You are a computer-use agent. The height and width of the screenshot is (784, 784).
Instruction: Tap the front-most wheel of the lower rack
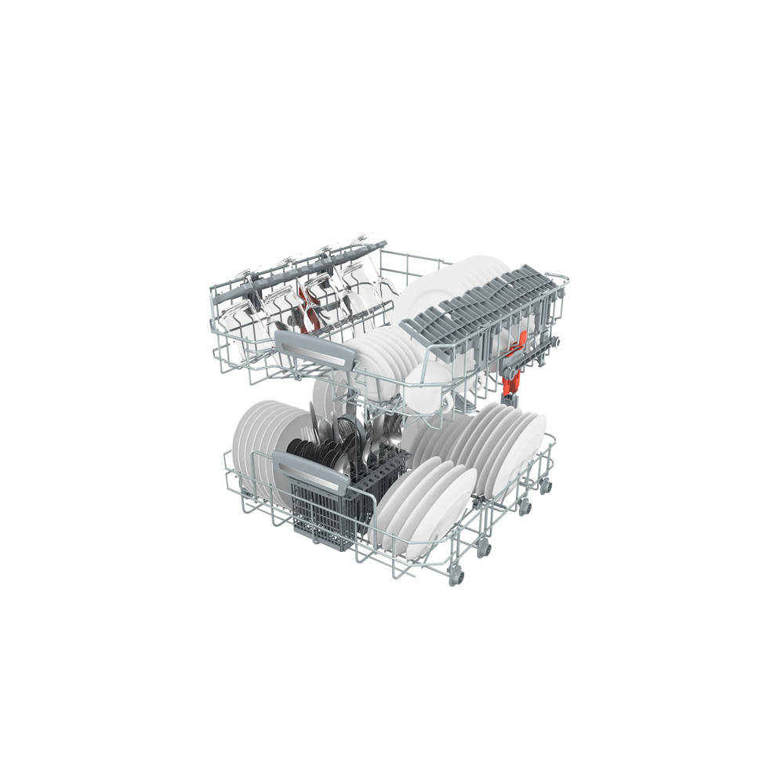[455, 579]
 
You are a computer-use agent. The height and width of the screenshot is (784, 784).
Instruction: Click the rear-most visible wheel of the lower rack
[546, 486]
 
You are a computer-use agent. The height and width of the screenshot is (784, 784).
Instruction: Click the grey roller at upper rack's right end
[557, 340]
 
